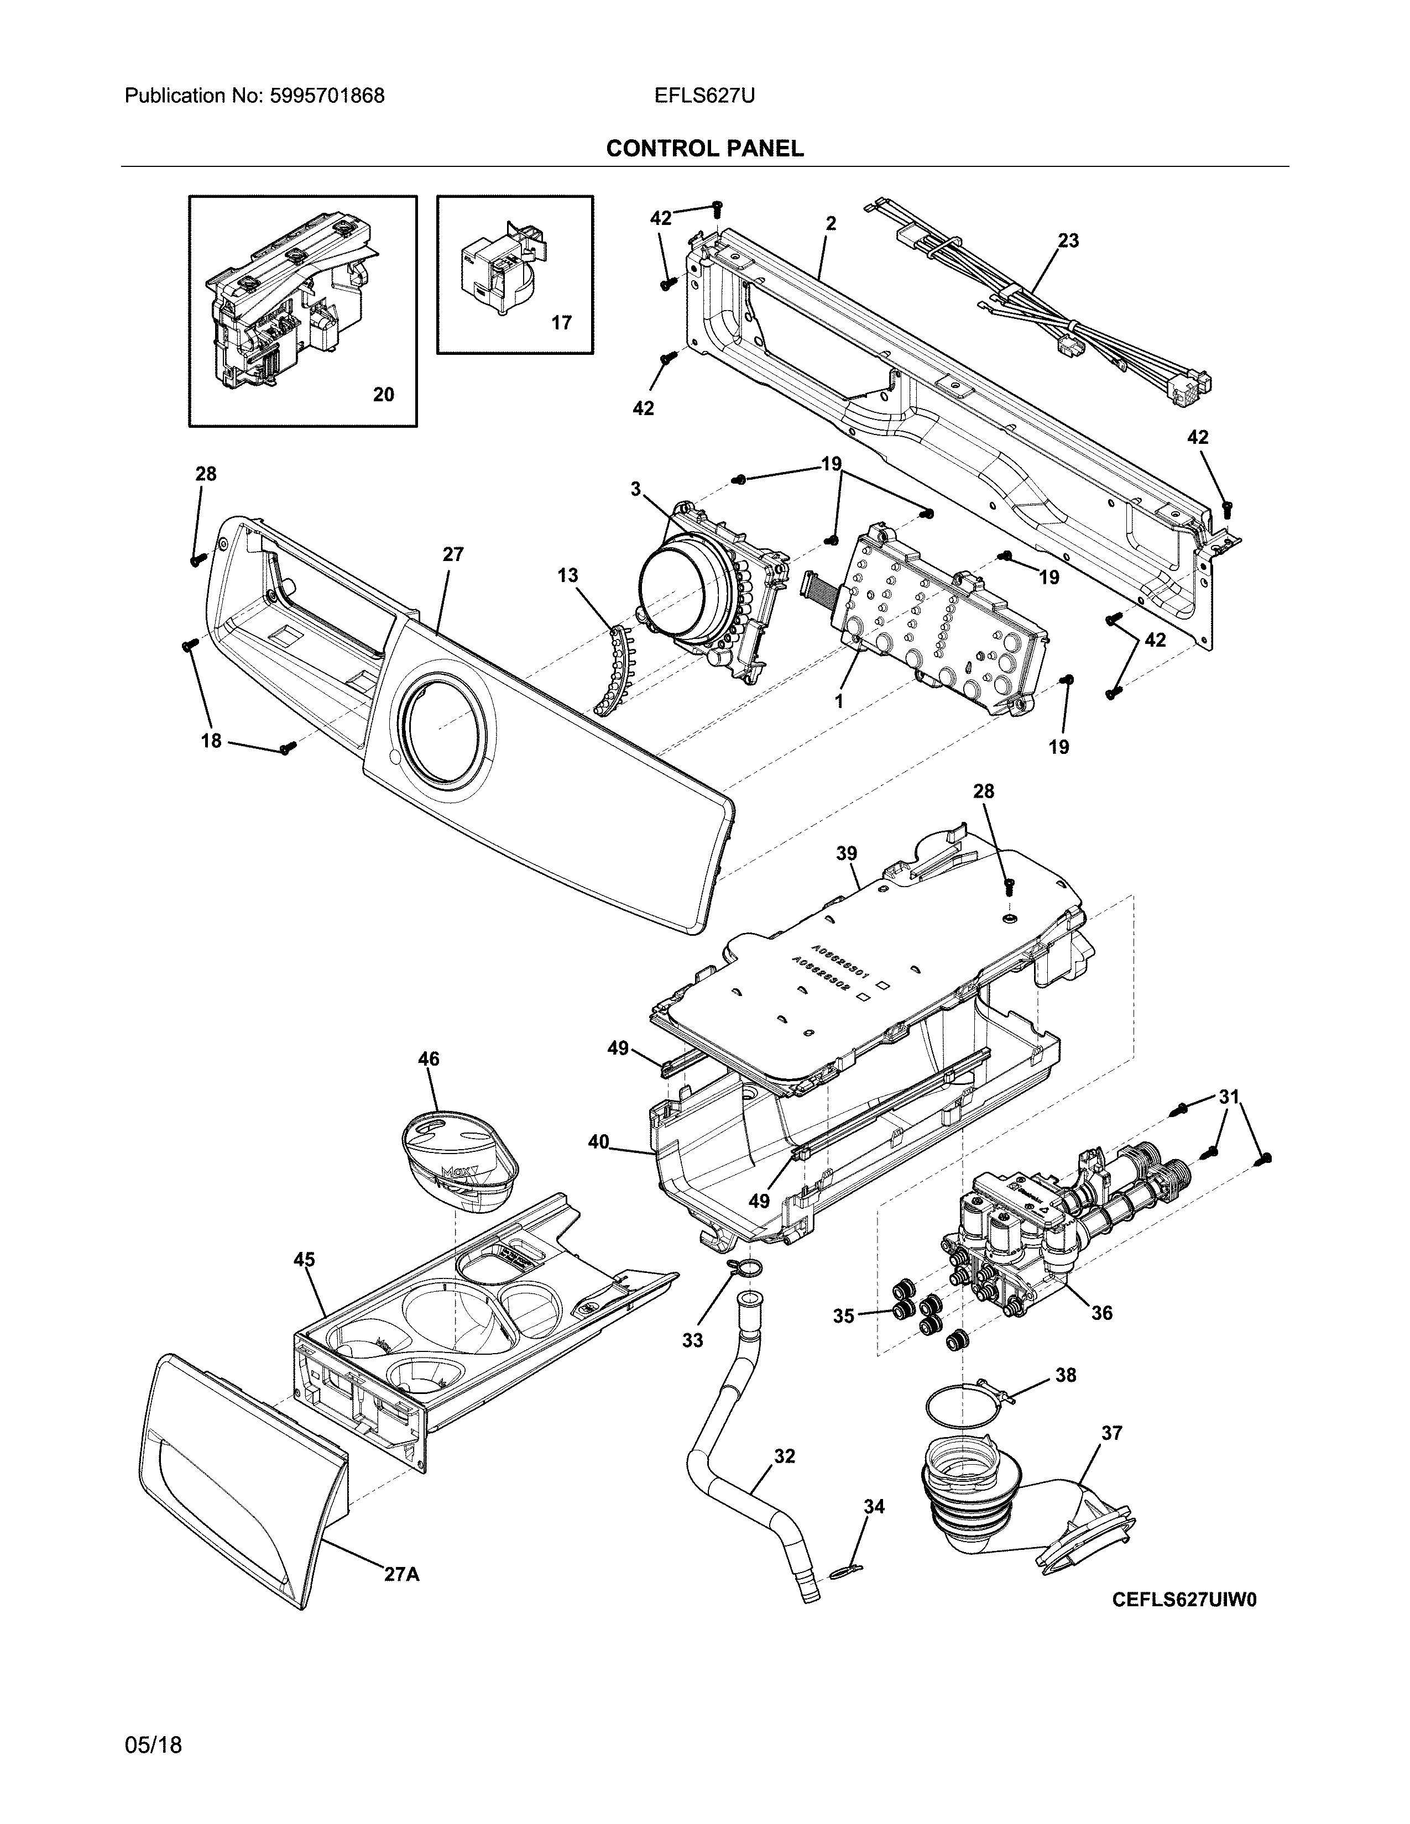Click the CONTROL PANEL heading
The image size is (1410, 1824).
704,149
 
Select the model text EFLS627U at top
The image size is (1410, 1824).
704,96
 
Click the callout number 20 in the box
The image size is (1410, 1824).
383,394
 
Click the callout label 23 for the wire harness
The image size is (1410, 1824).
1068,240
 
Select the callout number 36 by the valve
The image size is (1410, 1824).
1102,1313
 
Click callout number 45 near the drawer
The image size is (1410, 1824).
304,1260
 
